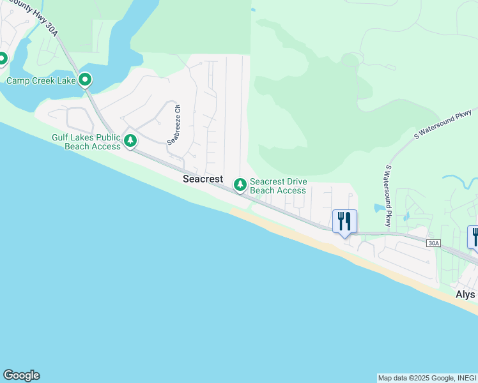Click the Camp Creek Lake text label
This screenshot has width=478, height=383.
[41, 80]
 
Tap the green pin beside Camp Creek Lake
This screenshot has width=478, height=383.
[85, 80]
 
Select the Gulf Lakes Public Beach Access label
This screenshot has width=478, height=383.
[86, 142]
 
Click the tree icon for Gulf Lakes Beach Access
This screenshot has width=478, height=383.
[130, 140]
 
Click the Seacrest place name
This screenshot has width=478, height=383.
[203, 179]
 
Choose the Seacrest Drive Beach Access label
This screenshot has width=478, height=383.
[278, 186]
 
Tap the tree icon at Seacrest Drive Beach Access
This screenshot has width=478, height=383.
[240, 185]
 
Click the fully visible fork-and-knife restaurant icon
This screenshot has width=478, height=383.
[344, 222]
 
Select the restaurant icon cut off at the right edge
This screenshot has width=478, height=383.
[474, 236]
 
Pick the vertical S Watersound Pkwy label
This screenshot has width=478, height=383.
[387, 196]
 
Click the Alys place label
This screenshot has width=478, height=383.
[465, 295]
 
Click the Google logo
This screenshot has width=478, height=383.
[21, 375]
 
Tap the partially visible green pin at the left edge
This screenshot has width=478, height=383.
[2, 59]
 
